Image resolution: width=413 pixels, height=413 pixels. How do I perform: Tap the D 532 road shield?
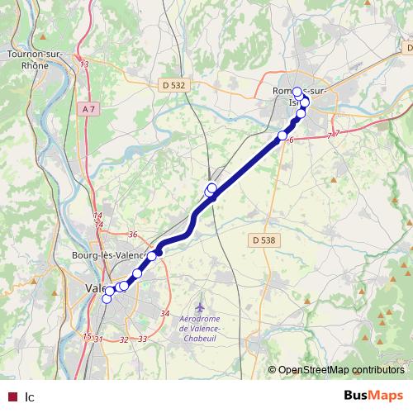[x=173, y=84]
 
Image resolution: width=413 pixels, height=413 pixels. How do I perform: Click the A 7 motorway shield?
[x=90, y=108]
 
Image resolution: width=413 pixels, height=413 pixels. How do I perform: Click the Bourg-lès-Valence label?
[x=108, y=254]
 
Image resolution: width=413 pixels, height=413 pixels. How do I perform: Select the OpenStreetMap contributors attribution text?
[x=339, y=369]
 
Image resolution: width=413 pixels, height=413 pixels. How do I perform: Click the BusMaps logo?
[x=373, y=396]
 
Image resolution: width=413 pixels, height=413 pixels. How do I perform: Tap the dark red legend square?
[x=11, y=396]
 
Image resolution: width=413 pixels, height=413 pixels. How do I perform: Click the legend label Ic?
[x=30, y=396]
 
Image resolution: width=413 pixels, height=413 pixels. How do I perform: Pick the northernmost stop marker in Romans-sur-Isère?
[x=297, y=93]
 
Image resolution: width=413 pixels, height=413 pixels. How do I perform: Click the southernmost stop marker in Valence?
[x=106, y=299]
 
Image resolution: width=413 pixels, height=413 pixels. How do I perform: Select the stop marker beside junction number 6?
[x=282, y=135]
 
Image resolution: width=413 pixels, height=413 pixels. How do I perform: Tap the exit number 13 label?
[x=84, y=64]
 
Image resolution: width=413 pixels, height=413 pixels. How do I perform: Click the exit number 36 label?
[x=132, y=235]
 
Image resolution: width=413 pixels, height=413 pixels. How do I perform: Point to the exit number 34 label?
[x=164, y=314]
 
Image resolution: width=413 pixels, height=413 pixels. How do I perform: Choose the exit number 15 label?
[x=87, y=336]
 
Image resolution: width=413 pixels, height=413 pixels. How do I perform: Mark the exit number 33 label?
[x=142, y=339]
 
